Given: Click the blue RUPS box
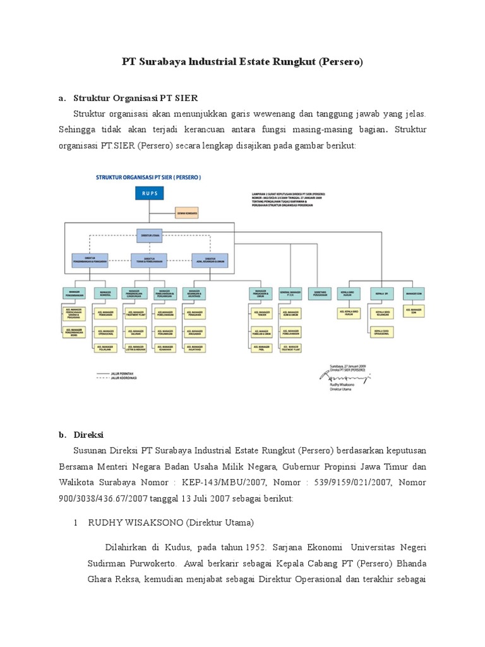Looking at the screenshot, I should (150, 194).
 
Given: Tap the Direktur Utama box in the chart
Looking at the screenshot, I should (150, 234).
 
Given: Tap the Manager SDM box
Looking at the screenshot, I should (415, 293).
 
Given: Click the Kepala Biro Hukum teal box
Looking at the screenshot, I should (350, 293).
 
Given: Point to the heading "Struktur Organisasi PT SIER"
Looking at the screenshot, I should (136, 98).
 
